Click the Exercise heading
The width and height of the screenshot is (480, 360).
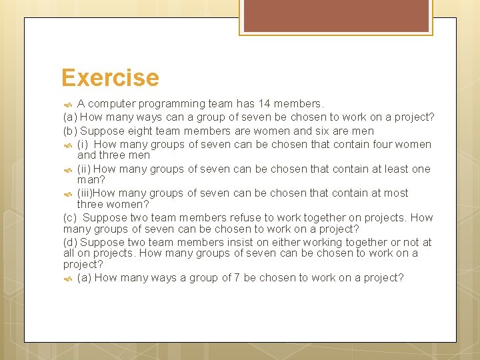110,78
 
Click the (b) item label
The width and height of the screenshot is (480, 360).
70,131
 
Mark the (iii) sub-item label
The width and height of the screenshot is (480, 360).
85,193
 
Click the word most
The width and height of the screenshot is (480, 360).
395,193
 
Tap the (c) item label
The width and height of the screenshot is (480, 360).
70,218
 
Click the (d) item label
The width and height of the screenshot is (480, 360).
70,243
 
